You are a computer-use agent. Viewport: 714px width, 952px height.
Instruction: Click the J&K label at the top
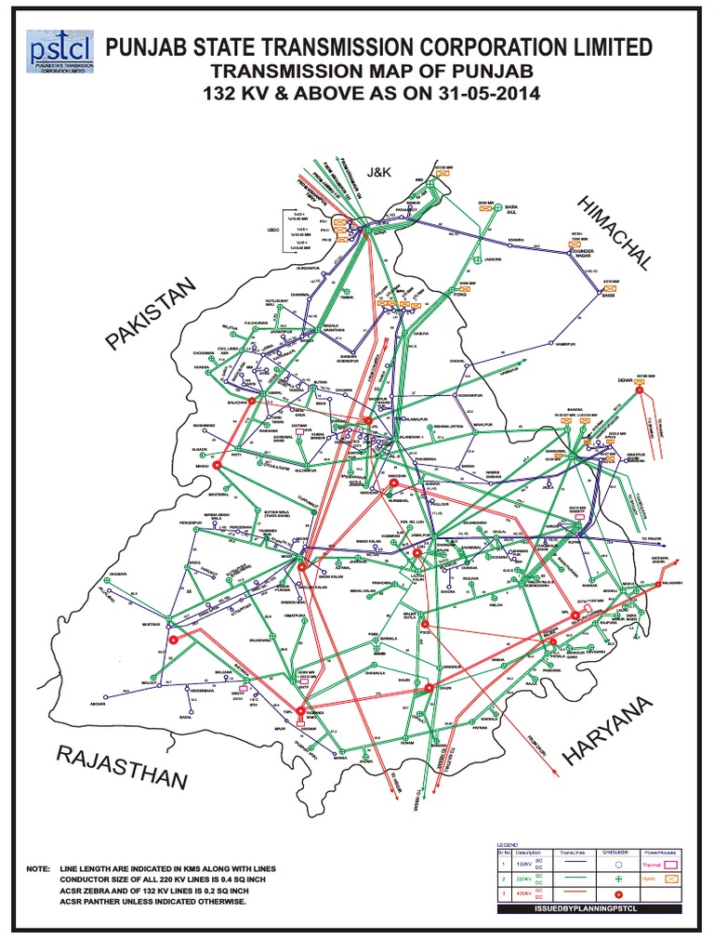pyautogui.click(x=382, y=171)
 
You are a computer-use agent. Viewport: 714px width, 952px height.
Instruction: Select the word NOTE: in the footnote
pyautogui.click(x=38, y=868)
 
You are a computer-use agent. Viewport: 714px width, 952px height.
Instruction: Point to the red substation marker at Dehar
pyautogui.click(x=640, y=390)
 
